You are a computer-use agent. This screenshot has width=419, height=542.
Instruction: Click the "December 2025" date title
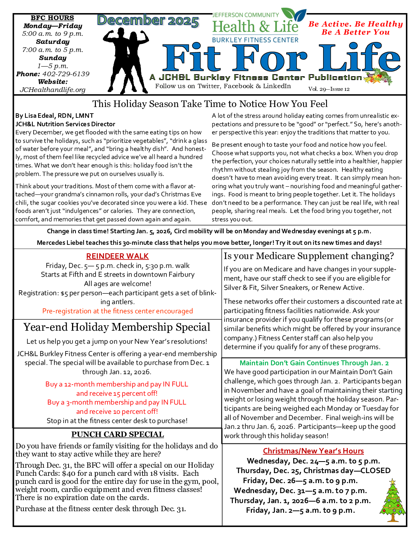[x=148, y=21]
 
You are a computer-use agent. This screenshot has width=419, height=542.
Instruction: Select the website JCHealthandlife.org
[x=53, y=90]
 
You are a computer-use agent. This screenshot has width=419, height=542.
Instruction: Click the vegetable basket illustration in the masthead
[x=378, y=77]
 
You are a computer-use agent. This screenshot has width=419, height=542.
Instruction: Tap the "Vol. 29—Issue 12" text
[x=329, y=89]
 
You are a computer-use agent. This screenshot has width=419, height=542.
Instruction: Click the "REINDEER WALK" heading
[x=117, y=256]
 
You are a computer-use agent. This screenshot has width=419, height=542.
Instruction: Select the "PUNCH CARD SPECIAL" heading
[x=117, y=435]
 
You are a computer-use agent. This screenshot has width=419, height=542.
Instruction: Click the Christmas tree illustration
[x=392, y=500]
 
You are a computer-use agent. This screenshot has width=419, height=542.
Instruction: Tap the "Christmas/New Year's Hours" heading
[x=313, y=451]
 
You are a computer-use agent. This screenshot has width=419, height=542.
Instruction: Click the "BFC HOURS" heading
[x=52, y=18]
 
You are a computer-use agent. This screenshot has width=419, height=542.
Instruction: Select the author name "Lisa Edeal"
[x=40, y=116]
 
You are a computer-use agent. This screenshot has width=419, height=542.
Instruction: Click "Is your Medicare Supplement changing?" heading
[x=309, y=256]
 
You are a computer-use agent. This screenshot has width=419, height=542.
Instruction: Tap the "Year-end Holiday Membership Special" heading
[x=117, y=327]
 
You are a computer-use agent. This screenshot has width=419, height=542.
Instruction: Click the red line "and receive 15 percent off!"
[x=117, y=393]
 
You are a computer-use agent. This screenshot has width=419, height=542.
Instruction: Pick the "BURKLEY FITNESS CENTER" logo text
[x=255, y=40]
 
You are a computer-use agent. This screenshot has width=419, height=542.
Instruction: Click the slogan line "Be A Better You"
[x=355, y=32]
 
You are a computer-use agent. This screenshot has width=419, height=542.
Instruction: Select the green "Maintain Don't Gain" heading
[x=314, y=363]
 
